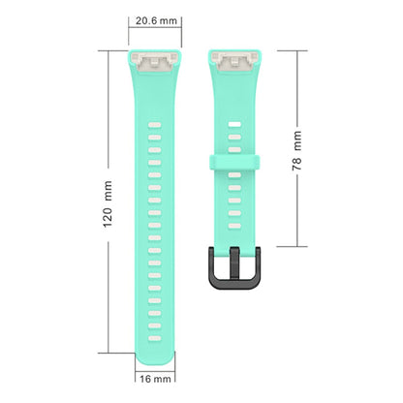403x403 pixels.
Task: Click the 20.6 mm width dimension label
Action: tap(156, 21)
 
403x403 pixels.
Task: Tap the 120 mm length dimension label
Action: tap(108, 203)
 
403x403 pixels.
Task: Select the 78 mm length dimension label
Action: tap(296, 151)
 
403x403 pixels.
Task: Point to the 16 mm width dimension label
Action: tap(155, 379)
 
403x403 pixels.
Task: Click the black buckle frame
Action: tap(234, 283)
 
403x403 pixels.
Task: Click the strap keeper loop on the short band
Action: tap(234, 163)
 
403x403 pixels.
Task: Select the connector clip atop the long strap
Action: tap(155, 61)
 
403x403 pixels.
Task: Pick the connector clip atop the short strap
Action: tap(234, 61)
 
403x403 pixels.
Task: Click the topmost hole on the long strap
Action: tap(155, 125)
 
